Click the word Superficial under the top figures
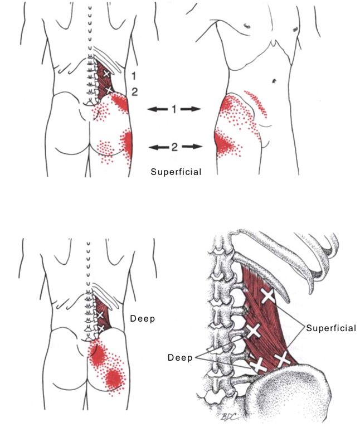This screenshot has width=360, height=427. [176, 172]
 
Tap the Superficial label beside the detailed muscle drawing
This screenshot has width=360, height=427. [331, 328]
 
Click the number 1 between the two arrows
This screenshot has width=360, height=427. [174, 110]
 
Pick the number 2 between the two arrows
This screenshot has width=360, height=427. [174, 147]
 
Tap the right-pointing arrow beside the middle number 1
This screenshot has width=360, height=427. [190, 110]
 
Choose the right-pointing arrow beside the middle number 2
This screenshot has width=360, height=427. [190, 147]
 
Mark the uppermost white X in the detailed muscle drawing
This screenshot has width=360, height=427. [268, 296]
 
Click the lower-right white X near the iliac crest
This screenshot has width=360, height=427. [282, 358]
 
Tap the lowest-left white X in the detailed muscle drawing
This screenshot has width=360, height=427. [258, 366]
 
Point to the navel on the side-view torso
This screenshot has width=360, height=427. [273, 81]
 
